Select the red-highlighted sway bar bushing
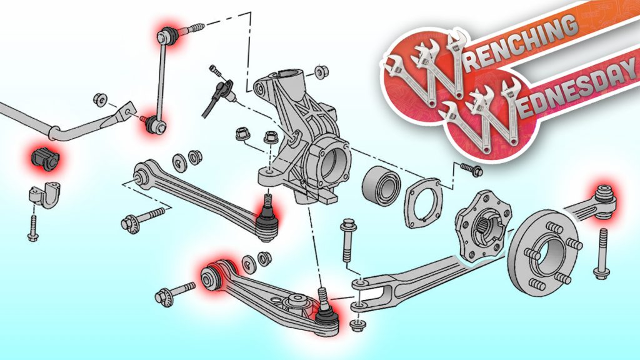[45, 157]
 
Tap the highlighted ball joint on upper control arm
[267, 218]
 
